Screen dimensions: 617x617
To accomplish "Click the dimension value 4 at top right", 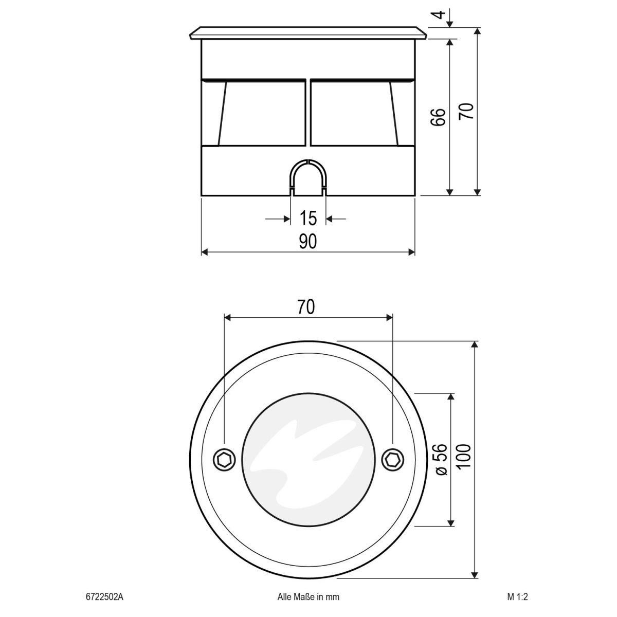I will pyautogui.click(x=439, y=14).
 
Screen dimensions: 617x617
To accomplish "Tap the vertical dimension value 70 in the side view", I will pyautogui.click(x=466, y=112).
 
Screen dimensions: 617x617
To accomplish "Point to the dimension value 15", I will pyautogui.click(x=307, y=219).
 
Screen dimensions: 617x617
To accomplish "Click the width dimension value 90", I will pyautogui.click(x=307, y=241).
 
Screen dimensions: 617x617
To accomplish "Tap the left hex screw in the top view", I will pyautogui.click(x=225, y=459).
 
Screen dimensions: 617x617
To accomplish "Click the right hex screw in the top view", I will pyautogui.click(x=392, y=459).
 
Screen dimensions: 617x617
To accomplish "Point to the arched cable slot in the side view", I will pyautogui.click(x=307, y=177).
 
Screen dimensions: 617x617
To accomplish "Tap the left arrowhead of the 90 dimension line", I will pyautogui.click(x=204, y=252).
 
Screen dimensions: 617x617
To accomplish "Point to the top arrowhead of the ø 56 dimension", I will pyautogui.click(x=451, y=397).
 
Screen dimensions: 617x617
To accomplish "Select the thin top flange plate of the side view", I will pyautogui.click(x=307, y=33).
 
